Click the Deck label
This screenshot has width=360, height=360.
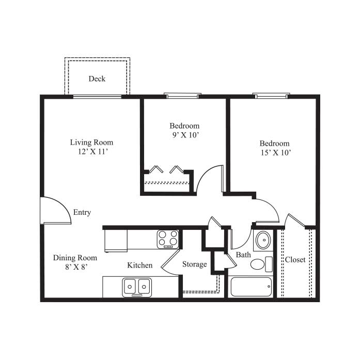click(97, 79)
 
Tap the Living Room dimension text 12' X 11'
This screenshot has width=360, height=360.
click(93, 151)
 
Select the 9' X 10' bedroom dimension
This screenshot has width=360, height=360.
click(185, 135)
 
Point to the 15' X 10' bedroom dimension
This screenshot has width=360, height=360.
click(276, 152)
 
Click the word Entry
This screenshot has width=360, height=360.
click(82, 212)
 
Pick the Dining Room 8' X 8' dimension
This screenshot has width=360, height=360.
click(76, 267)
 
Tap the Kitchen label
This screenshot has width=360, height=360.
click(140, 265)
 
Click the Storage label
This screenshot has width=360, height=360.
click(195, 264)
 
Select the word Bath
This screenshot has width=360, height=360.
click(243, 255)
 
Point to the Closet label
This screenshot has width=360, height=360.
click(295, 260)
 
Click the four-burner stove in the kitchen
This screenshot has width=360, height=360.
click(168, 239)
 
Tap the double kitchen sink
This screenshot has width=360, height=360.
click(137, 287)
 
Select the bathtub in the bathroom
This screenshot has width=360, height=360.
click(251, 287)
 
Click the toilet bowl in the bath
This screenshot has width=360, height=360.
click(258, 264)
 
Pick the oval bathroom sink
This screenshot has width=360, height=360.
click(263, 240)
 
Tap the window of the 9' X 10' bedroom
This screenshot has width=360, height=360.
click(182, 96)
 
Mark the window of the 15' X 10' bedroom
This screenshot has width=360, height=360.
click(271, 96)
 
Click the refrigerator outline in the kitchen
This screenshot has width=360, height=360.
click(116, 241)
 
